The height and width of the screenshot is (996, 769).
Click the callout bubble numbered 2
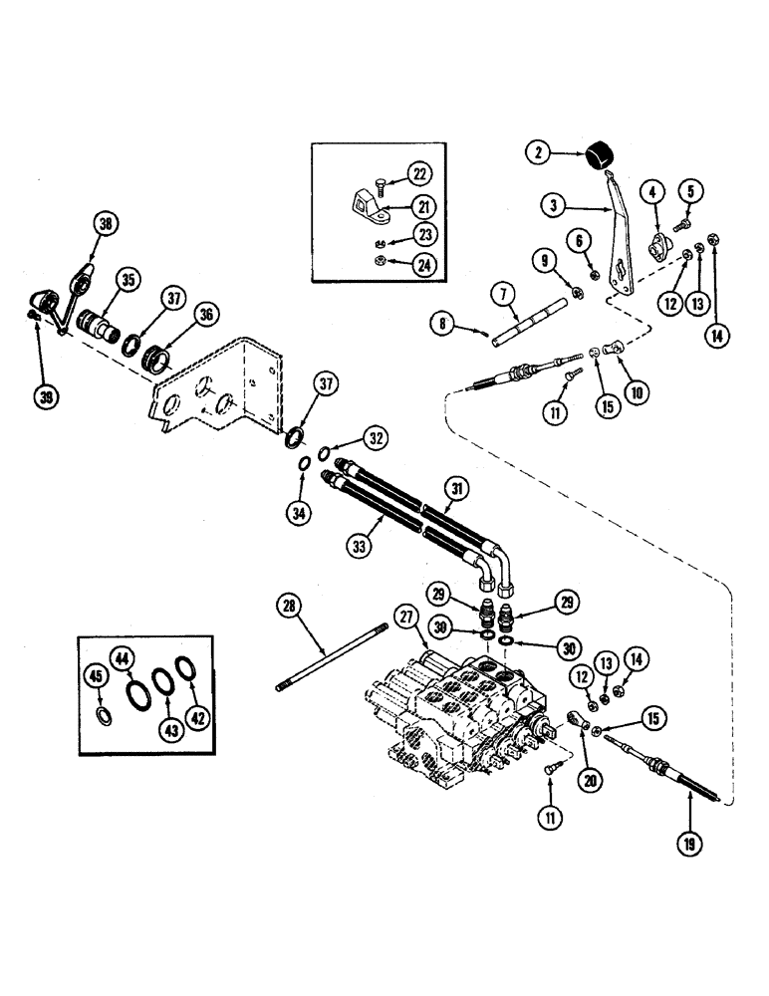538,152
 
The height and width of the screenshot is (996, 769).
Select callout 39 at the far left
47,396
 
